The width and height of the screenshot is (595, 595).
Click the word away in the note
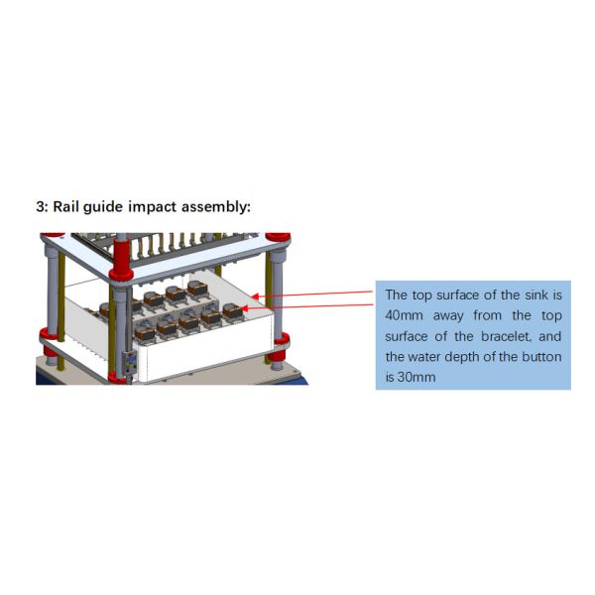pos(464,315)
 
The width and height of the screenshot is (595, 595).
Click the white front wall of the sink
pos(198,352)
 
